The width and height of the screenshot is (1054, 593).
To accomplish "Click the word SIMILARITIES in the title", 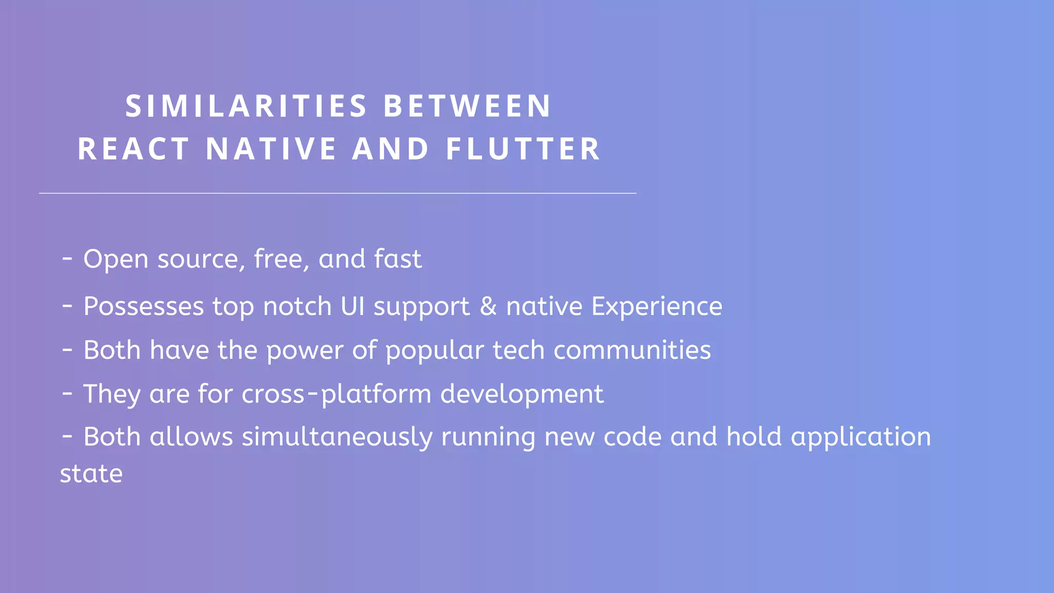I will pyautogui.click(x=246, y=106).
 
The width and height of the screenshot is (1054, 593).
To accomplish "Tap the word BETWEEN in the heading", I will pyautogui.click(x=467, y=106).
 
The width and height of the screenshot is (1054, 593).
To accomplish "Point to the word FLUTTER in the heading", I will pyautogui.click(x=523, y=149).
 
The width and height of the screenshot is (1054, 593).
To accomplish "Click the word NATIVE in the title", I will pyautogui.click(x=271, y=149).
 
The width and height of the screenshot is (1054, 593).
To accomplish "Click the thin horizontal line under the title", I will pyautogui.click(x=338, y=193).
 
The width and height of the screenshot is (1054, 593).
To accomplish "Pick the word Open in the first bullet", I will pyautogui.click(x=116, y=259).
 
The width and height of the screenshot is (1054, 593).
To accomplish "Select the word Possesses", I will pyautogui.click(x=144, y=307).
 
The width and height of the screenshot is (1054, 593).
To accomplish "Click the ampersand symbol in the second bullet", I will pyautogui.click(x=488, y=306).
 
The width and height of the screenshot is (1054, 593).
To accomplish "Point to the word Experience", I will pyautogui.click(x=657, y=307).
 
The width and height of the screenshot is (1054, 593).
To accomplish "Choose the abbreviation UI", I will pyautogui.click(x=353, y=306).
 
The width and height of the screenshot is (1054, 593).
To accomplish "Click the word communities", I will pyautogui.click(x=632, y=350).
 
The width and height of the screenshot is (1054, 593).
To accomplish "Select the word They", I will pyautogui.click(x=112, y=394).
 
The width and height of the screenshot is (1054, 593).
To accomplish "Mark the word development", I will pyautogui.click(x=522, y=394).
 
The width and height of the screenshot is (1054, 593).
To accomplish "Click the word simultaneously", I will pyautogui.click(x=337, y=438).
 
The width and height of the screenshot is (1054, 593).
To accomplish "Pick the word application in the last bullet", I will pyautogui.click(x=860, y=438).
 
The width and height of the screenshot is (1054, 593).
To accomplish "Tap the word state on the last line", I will pyautogui.click(x=91, y=474).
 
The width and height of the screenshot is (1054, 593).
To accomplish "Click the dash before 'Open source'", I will pyautogui.click(x=67, y=257).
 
